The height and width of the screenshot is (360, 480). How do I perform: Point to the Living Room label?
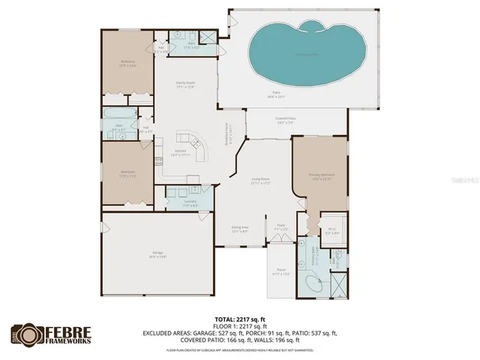point(260,181)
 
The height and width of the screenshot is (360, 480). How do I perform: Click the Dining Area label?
point(239,229)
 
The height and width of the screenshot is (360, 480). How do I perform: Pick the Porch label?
point(281,271)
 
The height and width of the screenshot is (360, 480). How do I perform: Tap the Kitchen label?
point(181,153)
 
